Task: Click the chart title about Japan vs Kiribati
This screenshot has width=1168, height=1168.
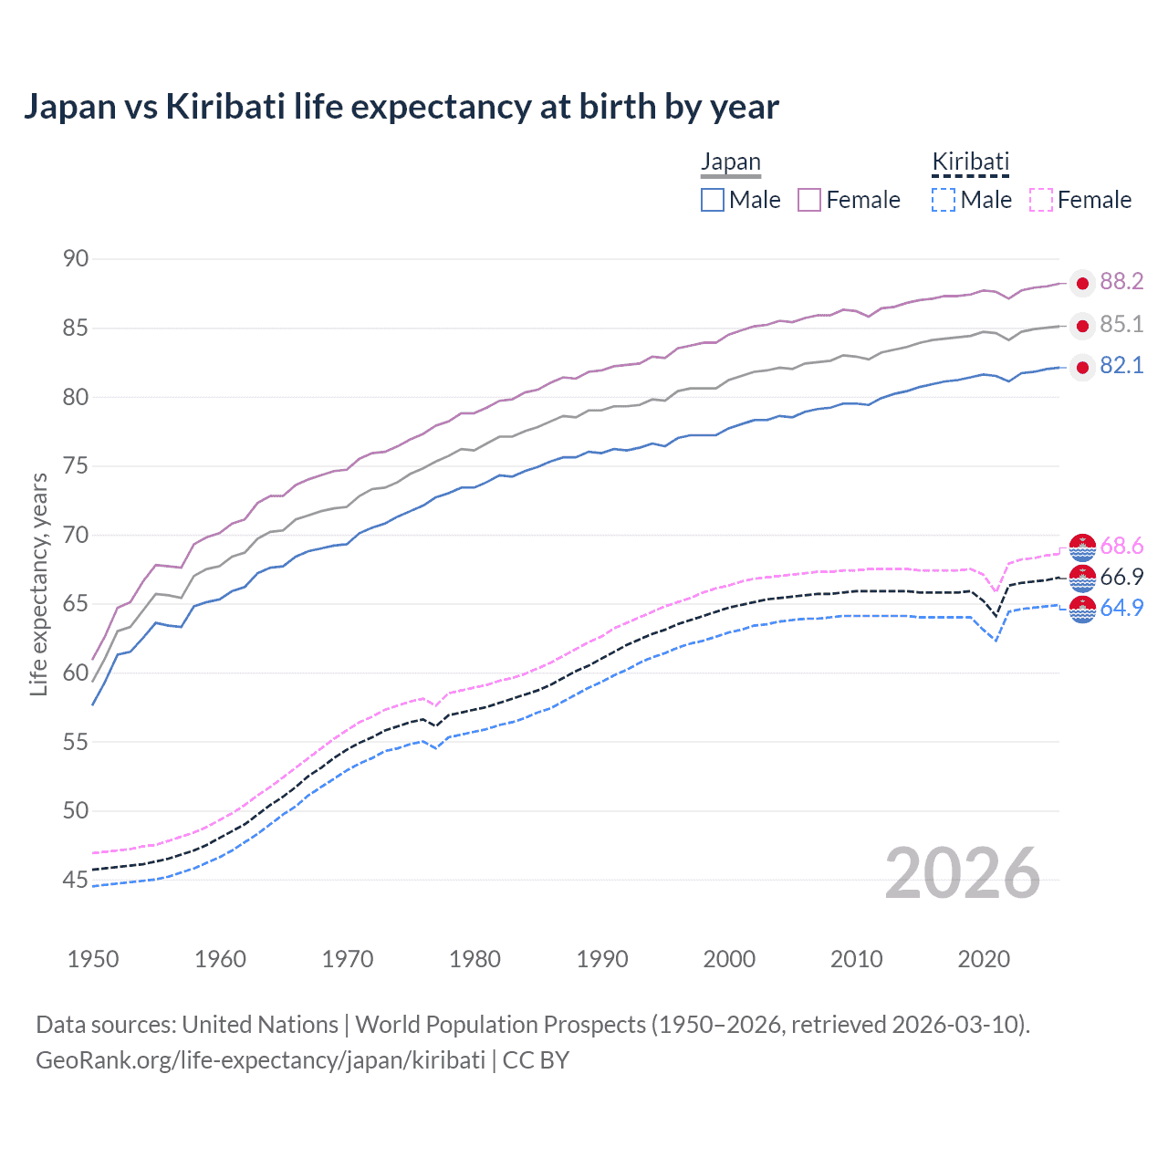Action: coord(401,107)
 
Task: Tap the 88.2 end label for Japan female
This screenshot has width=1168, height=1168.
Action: coord(1121,281)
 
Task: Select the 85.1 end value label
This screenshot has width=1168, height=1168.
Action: coord(1121,324)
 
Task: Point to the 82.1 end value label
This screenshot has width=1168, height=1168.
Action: coord(1121,366)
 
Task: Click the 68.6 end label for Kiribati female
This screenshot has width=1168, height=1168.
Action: coord(1121,546)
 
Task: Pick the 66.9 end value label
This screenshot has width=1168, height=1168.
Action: coord(1121,577)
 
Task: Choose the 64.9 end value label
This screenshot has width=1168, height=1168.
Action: coord(1121,608)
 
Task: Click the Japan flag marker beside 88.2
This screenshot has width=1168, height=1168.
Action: coord(1082,284)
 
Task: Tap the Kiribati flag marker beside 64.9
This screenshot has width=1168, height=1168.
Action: coord(1082,610)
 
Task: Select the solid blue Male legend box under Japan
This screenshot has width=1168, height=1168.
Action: coord(713,200)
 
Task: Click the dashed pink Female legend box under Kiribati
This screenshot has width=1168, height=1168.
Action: coord(1041,200)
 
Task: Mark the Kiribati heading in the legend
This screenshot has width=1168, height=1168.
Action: coord(970,162)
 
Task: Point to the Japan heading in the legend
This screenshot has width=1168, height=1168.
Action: coord(730,162)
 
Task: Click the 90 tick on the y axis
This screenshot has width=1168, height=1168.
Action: coord(76,259)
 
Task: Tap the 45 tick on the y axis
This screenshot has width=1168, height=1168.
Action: coord(76,880)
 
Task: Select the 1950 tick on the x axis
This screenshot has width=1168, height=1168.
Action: coord(93,959)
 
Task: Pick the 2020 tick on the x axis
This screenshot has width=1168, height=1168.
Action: coord(984,959)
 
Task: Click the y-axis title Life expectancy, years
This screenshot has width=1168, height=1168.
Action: coord(38,584)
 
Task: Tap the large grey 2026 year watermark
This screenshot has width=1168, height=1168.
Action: coord(962,873)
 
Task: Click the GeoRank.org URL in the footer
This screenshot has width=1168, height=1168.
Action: coord(260,1060)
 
